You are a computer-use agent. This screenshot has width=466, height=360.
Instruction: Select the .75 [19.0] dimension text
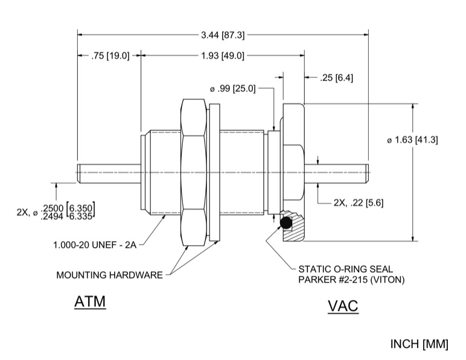coord(110,56)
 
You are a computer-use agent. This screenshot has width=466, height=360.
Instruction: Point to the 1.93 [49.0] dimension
coord(222,56)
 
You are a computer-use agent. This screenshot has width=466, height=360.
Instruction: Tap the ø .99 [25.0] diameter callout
coord(232,89)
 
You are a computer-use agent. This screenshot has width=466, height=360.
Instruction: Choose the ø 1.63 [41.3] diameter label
coord(412,140)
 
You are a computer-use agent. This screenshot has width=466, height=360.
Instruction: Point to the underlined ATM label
coord(89,301)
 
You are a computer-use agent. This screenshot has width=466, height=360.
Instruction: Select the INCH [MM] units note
coord(420,344)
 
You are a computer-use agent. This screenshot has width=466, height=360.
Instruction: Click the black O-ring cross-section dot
coord(286,224)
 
